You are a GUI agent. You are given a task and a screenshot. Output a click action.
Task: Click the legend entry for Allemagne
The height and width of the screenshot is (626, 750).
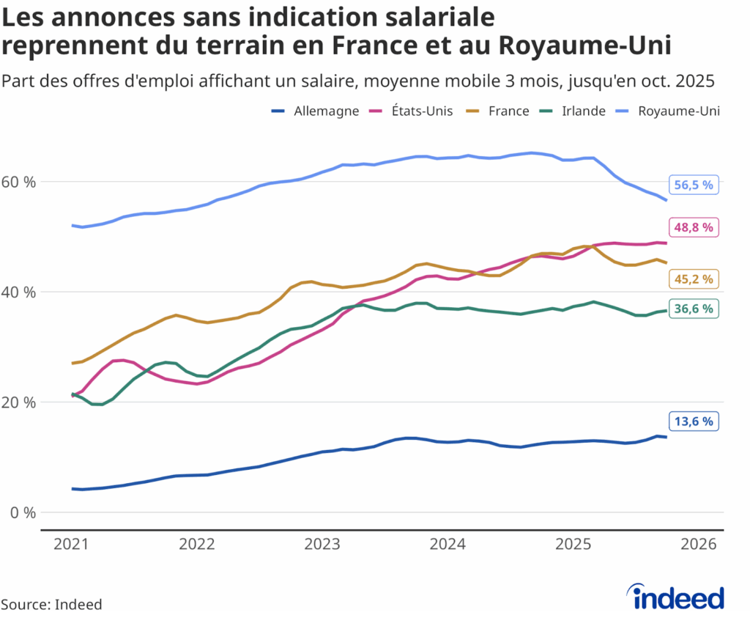click(x=316, y=111)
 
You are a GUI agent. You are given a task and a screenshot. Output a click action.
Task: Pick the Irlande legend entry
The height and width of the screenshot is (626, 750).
click(x=574, y=111)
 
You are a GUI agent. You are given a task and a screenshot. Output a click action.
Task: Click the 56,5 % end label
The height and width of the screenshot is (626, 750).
click(x=693, y=185)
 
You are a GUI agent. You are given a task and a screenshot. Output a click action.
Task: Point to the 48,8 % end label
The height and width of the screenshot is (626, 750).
click(x=693, y=227)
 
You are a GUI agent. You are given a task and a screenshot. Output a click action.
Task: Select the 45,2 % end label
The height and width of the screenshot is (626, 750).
click(x=693, y=279)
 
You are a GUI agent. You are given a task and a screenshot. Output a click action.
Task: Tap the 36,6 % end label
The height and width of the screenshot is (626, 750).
click(x=693, y=309)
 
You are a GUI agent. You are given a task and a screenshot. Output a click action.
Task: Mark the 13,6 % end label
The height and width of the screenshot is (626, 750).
click(x=693, y=421)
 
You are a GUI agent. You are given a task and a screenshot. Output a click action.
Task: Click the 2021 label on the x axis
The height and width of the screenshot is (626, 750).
click(x=72, y=545)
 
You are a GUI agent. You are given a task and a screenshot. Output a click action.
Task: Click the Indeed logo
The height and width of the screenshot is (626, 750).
click(x=677, y=597)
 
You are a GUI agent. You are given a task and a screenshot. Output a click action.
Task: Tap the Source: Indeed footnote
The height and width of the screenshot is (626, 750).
click(x=51, y=605)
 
